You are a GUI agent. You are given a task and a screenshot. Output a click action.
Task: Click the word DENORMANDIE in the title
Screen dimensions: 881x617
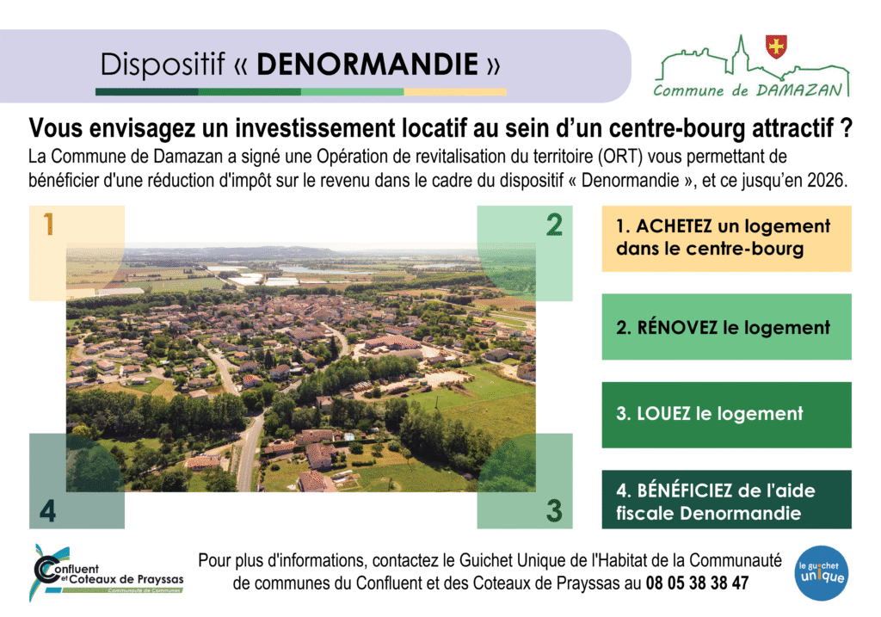click(367, 64)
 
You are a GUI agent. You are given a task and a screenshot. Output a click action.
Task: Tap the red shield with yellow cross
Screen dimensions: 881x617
click(777, 46)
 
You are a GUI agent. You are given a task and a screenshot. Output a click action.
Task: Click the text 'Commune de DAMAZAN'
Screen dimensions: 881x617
click(748, 90)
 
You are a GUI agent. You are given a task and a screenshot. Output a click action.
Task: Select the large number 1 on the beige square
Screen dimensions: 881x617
click(48, 224)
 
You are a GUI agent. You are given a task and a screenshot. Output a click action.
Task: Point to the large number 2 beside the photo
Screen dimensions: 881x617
click(554, 225)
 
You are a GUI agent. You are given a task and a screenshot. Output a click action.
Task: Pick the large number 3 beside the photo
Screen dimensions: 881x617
click(554, 510)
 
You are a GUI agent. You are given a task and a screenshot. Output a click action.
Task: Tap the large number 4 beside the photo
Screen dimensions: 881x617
click(48, 511)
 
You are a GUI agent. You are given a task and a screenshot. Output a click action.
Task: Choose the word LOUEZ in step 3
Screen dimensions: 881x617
click(663, 414)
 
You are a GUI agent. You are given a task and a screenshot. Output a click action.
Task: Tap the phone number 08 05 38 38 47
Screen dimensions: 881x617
click(697, 583)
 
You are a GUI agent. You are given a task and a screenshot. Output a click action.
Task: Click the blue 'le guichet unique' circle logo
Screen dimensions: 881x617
click(822, 572)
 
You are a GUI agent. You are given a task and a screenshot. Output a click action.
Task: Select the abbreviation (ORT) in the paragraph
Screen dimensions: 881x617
click(620, 157)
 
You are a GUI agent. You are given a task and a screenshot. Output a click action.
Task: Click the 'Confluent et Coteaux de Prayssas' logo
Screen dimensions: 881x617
click(107, 573)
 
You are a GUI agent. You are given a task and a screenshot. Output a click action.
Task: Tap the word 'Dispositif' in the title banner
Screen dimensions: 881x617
click(163, 64)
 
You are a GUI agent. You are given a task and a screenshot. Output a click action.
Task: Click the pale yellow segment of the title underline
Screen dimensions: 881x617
click(455, 91)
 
